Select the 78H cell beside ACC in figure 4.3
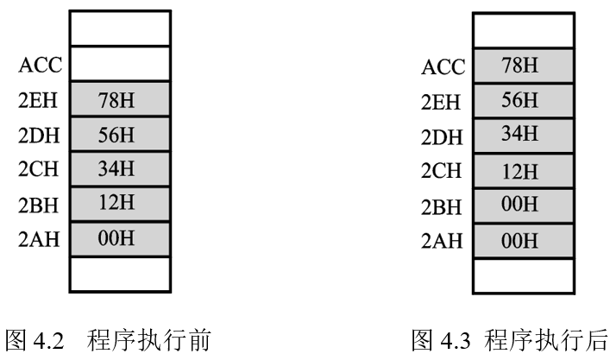(523, 66)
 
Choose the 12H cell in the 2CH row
(523, 170)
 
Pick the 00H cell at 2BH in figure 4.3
(523, 205)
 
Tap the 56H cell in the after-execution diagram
(523, 100)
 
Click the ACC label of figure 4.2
(40, 65)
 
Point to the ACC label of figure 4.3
(443, 67)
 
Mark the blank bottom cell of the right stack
(523, 275)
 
